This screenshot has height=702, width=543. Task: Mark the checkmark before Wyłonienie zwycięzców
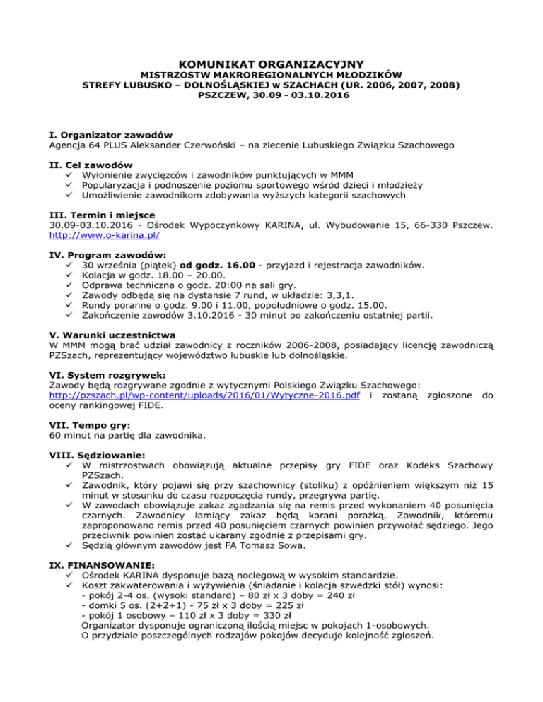69,174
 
